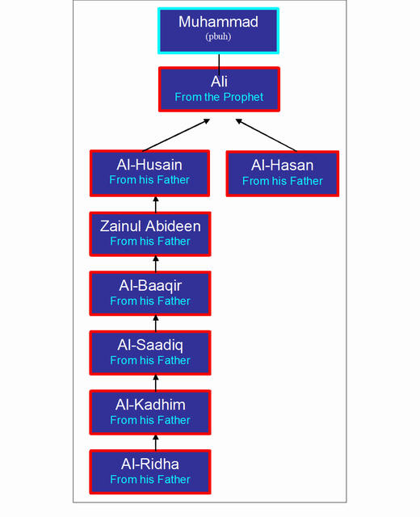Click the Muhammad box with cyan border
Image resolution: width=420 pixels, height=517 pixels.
coord(218,31)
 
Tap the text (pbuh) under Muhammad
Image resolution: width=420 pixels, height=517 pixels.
coord(218,36)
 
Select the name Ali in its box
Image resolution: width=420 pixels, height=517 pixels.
coord(219,82)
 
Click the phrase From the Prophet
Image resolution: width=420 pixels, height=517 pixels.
coord(219,97)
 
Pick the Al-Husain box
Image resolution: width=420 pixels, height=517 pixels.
coord(149,173)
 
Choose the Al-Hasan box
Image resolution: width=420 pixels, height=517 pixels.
coord(283,174)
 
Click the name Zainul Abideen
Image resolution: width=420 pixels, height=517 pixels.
coord(150,226)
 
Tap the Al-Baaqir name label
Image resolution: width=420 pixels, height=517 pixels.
coord(150,286)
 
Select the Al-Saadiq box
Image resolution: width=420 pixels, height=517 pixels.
coord(150,353)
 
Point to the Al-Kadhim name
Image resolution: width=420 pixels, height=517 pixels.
coord(150,405)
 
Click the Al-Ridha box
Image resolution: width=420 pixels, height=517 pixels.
coord(150,472)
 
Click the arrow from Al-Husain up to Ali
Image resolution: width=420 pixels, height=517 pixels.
coord(176,135)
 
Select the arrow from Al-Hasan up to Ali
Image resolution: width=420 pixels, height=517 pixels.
coord(266,135)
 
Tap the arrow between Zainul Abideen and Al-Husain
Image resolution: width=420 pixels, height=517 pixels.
coord(156,204)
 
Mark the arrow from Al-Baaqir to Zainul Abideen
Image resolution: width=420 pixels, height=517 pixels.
coord(156,264)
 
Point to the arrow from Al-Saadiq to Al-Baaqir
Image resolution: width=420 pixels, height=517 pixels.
coord(156,323)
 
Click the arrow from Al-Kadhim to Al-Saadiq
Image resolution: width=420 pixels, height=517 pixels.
coord(156,383)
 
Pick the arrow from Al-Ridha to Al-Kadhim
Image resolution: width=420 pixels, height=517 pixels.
coord(156,443)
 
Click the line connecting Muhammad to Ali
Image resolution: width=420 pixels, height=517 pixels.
coord(219,65)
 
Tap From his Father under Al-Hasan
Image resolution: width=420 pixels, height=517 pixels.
coord(283,181)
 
